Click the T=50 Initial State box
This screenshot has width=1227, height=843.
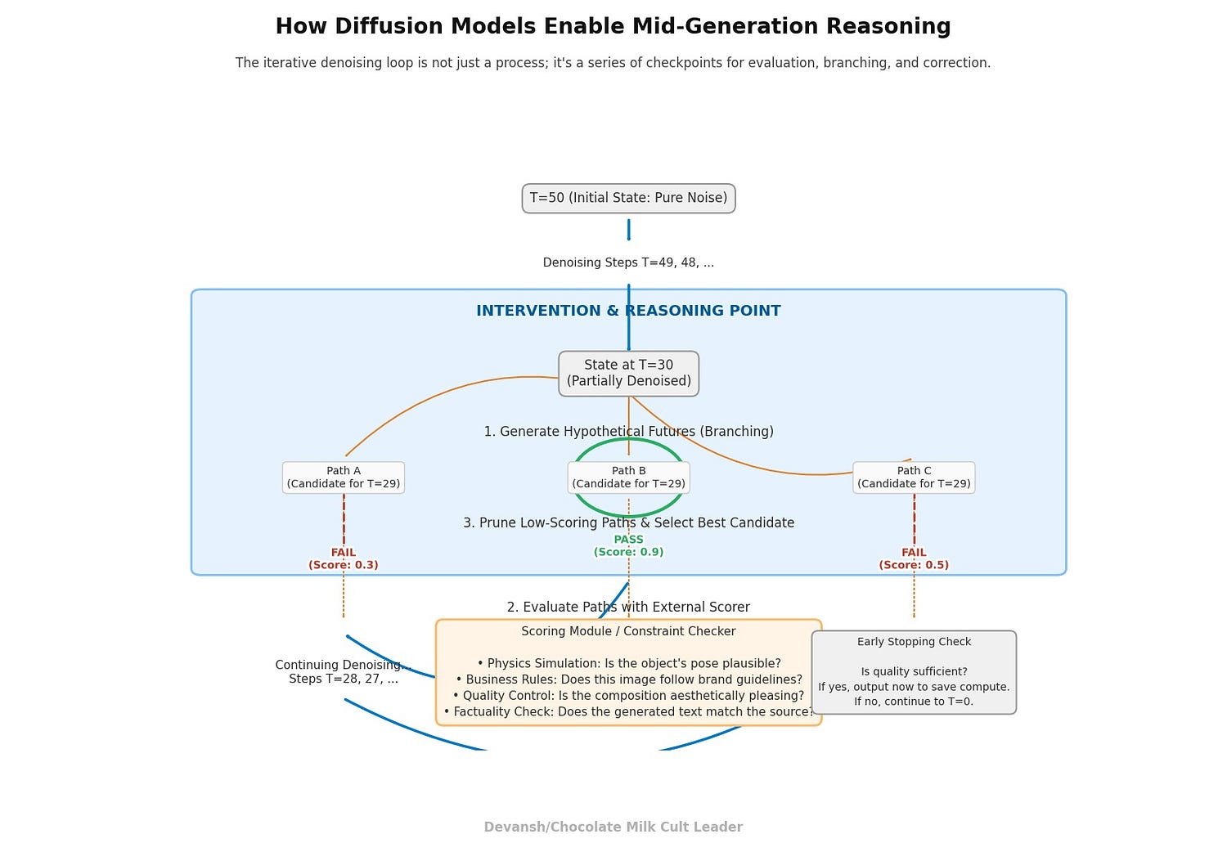pyautogui.click(x=628, y=198)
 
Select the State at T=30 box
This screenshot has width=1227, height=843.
pyautogui.click(x=628, y=373)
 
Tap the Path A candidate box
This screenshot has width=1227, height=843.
pyautogui.click(x=344, y=478)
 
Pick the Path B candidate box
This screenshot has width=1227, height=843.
pyautogui.click(x=628, y=478)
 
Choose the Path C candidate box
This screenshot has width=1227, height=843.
pyautogui.click(x=914, y=478)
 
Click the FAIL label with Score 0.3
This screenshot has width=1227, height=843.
pyautogui.click(x=344, y=558)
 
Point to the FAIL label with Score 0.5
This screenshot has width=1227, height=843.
pyautogui.click(x=914, y=558)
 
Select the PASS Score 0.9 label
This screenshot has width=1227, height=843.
pyautogui.click(x=628, y=545)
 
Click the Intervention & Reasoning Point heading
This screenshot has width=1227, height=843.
pyautogui.click(x=628, y=311)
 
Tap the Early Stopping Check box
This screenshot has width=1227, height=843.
pyautogui.click(x=914, y=672)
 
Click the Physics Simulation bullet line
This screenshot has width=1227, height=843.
pyautogui.click(x=628, y=663)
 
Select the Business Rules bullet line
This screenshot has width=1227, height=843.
pyautogui.click(x=628, y=679)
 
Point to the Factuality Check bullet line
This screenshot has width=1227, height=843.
pyautogui.click(x=628, y=711)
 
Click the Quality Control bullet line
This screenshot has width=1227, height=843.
pyautogui.click(x=628, y=696)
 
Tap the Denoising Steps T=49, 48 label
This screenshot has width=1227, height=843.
pyautogui.click(x=628, y=262)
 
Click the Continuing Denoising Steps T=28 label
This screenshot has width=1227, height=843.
pyautogui.click(x=344, y=672)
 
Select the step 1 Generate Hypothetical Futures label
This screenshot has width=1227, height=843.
pyautogui.click(x=628, y=431)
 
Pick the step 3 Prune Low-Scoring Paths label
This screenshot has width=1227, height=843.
pyautogui.click(x=628, y=522)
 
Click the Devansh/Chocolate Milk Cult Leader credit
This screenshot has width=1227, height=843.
pyautogui.click(x=613, y=827)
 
